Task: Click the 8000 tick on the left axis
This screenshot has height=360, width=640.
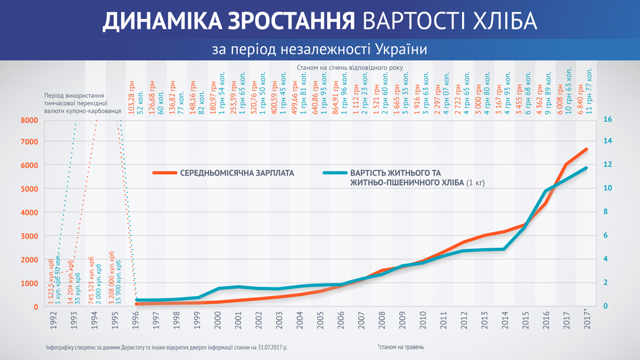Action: [x=29, y=120]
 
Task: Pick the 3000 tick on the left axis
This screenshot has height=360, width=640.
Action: [x=29, y=236]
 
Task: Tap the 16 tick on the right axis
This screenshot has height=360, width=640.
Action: [x=607, y=120]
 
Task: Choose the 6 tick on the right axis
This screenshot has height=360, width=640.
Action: [x=605, y=236]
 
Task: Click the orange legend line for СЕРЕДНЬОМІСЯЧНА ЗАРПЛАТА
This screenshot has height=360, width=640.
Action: [x=164, y=173]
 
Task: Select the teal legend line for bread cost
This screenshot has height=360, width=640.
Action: [x=335, y=173]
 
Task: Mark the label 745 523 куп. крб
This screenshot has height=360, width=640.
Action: [x=92, y=281]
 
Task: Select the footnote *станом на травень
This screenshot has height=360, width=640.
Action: [x=400, y=347]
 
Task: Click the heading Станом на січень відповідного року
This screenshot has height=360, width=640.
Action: [x=350, y=67]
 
